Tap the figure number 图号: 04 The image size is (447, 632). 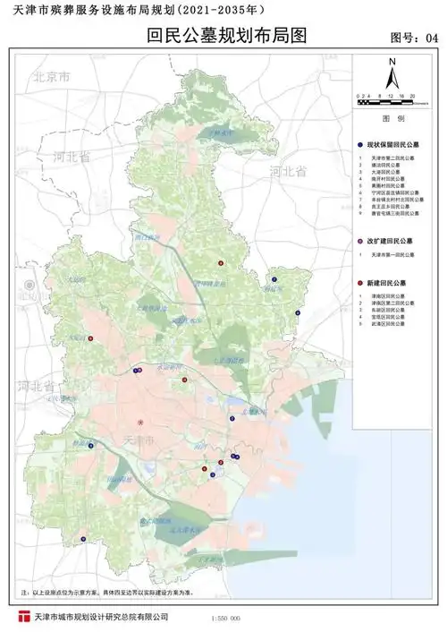tap(416, 38)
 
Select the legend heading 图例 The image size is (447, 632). tap(394, 118)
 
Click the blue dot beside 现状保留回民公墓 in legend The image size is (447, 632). tap(358, 143)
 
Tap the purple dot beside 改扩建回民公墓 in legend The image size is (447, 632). tap(358, 242)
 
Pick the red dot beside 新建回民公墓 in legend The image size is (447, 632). tap(358, 282)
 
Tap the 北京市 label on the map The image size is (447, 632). tap(51, 77)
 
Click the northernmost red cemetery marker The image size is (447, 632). tap(220, 263)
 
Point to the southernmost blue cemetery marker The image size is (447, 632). tap(83, 539)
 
